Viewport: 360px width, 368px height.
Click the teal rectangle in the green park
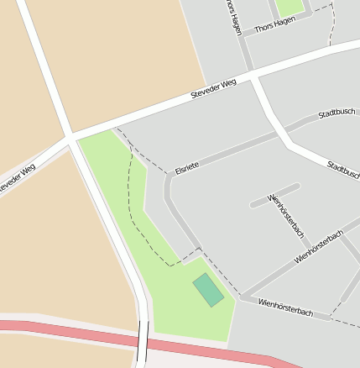(x=208, y=290)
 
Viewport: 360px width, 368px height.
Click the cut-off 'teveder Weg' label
(x=16, y=181)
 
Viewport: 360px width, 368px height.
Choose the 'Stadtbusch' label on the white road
(x=344, y=170)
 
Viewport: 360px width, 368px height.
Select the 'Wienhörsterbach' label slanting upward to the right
(x=319, y=247)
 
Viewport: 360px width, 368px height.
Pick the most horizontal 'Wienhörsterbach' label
(x=285, y=307)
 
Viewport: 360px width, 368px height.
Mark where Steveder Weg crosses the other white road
(x=70, y=135)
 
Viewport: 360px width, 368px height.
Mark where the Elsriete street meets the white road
(x=278, y=132)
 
